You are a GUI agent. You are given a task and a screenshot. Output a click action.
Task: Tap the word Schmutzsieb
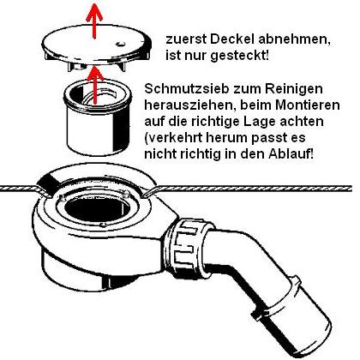[187, 88]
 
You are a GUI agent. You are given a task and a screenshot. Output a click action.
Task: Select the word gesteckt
[239, 56]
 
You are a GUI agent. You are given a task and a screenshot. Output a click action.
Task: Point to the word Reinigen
[294, 89]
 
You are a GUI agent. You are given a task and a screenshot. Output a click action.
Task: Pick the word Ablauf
[291, 154]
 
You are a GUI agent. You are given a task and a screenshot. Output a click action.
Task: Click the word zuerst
[186, 39]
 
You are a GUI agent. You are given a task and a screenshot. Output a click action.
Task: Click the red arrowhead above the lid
[94, 15]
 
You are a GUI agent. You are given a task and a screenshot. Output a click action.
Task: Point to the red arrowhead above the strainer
[95, 74]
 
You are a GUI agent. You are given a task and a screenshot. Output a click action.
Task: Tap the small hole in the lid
[121, 44]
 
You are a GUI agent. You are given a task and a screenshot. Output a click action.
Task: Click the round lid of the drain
[97, 45]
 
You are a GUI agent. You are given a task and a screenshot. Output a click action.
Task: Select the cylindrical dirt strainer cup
[97, 117]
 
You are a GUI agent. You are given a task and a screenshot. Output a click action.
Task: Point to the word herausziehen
[189, 105]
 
